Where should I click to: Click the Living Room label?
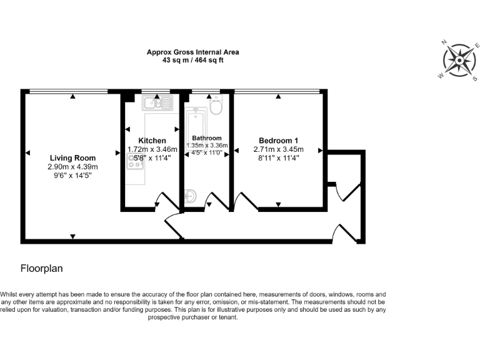(x=72, y=158)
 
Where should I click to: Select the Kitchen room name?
(x=152, y=141)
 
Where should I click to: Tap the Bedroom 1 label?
(x=278, y=141)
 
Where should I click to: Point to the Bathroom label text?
(x=206, y=138)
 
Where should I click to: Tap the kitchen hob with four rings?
(x=136, y=162)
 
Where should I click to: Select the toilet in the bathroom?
(x=216, y=107)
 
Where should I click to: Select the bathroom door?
(x=216, y=201)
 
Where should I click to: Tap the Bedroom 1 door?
(x=246, y=201)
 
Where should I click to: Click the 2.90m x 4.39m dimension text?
(x=72, y=167)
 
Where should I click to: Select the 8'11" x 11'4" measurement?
(x=278, y=159)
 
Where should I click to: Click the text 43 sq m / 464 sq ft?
(x=192, y=61)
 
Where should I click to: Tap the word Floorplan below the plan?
(x=42, y=268)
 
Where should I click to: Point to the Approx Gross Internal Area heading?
(x=192, y=52)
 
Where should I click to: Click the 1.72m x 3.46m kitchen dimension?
(x=152, y=149)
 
